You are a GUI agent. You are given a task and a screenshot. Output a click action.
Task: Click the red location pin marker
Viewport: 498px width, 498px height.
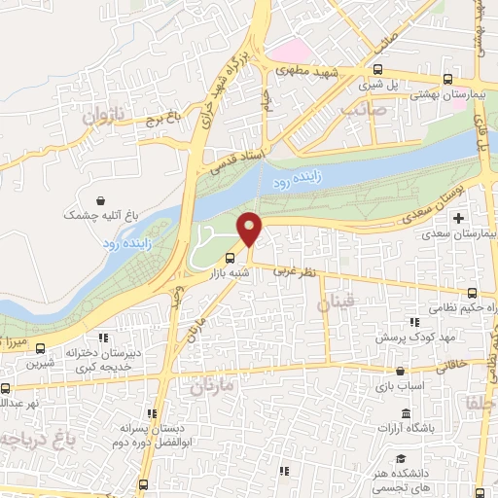point(250,229)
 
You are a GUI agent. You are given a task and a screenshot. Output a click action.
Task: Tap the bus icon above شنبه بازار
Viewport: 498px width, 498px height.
point(230,258)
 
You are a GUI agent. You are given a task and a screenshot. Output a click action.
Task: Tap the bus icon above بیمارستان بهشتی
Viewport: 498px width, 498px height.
point(447,79)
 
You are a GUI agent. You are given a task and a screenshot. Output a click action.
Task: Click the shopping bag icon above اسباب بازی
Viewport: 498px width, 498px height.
point(400,371)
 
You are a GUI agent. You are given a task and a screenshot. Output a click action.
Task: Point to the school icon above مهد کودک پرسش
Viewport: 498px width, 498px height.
point(413,322)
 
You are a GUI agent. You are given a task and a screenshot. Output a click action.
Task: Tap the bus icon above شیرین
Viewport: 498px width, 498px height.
point(39,347)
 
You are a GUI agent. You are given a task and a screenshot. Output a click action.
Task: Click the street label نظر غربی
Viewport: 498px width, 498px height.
point(293,273)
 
